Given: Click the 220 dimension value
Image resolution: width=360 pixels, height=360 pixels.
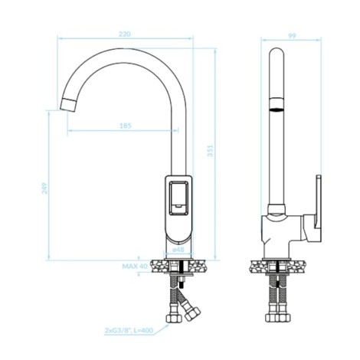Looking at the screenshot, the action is coord(125,34).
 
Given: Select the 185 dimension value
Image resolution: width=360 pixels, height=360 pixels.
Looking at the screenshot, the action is coord(125,126).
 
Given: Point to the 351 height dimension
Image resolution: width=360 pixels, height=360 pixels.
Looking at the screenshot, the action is coord(210,151).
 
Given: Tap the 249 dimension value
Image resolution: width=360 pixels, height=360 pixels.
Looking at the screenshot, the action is coord(44,188).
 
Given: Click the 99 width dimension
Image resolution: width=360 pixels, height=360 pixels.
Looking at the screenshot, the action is coord(292,36).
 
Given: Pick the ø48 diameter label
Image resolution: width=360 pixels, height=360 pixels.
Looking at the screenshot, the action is coord(178,250).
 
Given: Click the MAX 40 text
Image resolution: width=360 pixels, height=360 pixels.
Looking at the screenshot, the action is coord(135,267).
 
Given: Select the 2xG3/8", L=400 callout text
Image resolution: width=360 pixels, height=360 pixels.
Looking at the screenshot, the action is coord(129,330).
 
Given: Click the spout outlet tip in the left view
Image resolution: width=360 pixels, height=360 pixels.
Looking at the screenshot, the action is coord(68,105).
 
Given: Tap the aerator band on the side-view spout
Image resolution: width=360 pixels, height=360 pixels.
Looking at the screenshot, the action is coord(277,104).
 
